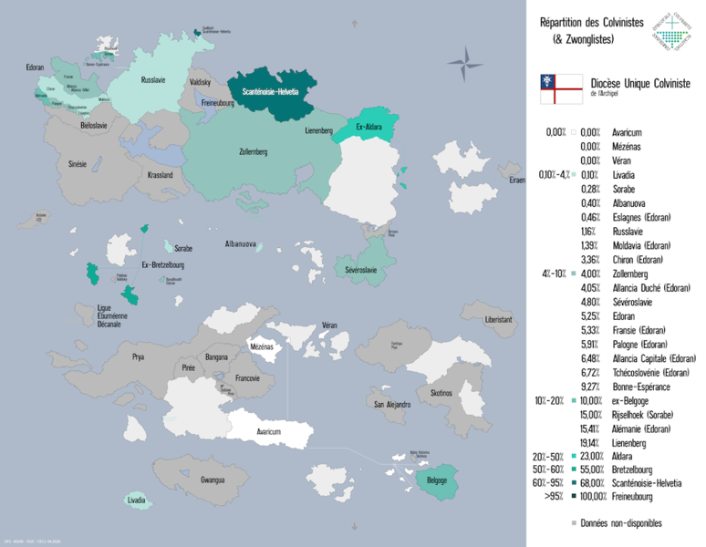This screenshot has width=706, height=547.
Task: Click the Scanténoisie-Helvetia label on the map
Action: pyautogui.click(x=270, y=92)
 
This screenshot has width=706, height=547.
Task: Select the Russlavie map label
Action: pyautogui.click(x=153, y=80)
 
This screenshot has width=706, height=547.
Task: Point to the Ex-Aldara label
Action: pyautogui.click(x=369, y=127)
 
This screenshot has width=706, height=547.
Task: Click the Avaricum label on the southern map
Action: pyautogui.click(x=269, y=431)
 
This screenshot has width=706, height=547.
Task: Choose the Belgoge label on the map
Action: pyautogui.click(x=437, y=480)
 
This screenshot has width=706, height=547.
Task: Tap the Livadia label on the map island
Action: pyautogui.click(x=137, y=501)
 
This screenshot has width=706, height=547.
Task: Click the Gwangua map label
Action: pyautogui.click(x=213, y=479)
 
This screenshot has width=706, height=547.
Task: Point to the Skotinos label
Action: pyautogui.click(x=441, y=392)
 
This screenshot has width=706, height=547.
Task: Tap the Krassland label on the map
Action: pyautogui.click(x=160, y=174)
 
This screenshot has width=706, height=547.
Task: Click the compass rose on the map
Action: pyautogui.click(x=469, y=64)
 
